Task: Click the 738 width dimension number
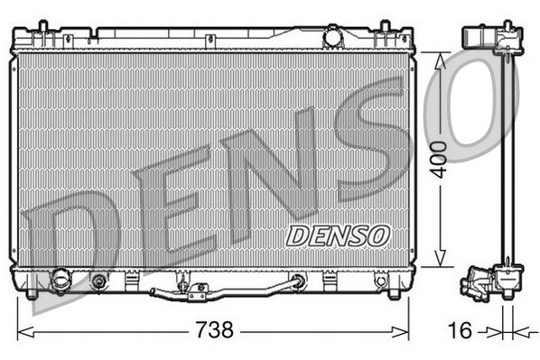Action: tap(214, 330)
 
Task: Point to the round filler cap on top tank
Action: tap(332, 38)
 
